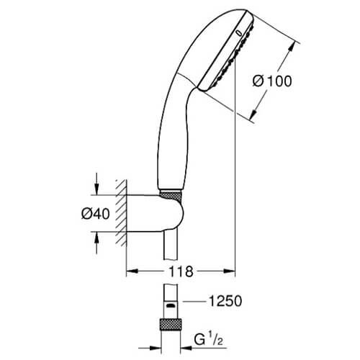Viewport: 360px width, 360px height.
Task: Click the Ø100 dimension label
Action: coord(272,81)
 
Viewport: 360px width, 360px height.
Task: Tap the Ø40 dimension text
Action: coord(96,213)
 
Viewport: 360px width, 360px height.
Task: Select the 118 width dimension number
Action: coord(181,271)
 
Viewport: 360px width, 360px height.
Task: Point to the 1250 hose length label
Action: coord(225,301)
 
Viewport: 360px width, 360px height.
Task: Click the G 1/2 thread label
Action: coord(208,340)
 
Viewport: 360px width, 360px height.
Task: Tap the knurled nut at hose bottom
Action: coord(171,325)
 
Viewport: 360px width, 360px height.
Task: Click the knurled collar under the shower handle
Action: coord(170,194)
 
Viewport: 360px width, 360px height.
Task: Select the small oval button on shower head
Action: coord(238,33)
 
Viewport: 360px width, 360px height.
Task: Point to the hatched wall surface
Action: coord(121,213)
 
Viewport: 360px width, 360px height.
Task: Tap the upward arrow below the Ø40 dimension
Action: coord(96,243)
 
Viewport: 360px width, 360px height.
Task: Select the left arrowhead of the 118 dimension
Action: coord(132,271)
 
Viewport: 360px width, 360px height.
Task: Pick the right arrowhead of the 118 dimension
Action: coord(230,271)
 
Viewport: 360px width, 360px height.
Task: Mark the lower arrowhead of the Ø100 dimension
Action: coord(253,114)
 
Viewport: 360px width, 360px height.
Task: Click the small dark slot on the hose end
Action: coord(171,306)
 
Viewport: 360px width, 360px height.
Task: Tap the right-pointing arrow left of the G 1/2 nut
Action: coord(149,348)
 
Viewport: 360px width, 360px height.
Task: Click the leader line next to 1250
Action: coord(194,301)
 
